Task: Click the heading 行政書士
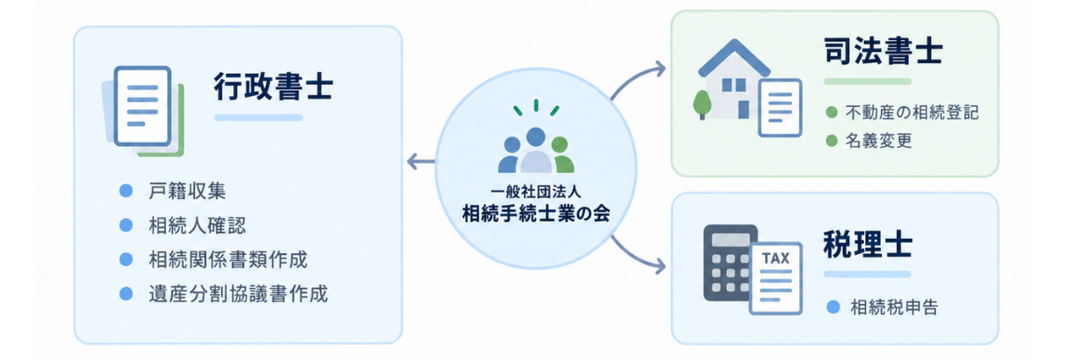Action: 273,86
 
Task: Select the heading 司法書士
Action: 884,51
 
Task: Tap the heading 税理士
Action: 868,244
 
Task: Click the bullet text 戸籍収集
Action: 187,191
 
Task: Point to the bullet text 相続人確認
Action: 197,225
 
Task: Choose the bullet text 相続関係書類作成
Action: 228,259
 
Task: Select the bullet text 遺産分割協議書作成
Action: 238,294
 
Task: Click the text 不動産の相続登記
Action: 912,112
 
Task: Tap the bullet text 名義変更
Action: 878,141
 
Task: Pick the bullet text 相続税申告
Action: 894,307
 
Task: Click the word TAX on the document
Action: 776,258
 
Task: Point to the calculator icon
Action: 730,263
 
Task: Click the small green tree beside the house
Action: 702,104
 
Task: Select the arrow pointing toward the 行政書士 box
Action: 420,161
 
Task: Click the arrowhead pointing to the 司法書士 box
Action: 660,69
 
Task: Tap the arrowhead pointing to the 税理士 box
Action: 660,266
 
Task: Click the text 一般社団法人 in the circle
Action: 536,192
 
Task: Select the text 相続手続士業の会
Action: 536,214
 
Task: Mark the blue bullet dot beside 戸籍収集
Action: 126,191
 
